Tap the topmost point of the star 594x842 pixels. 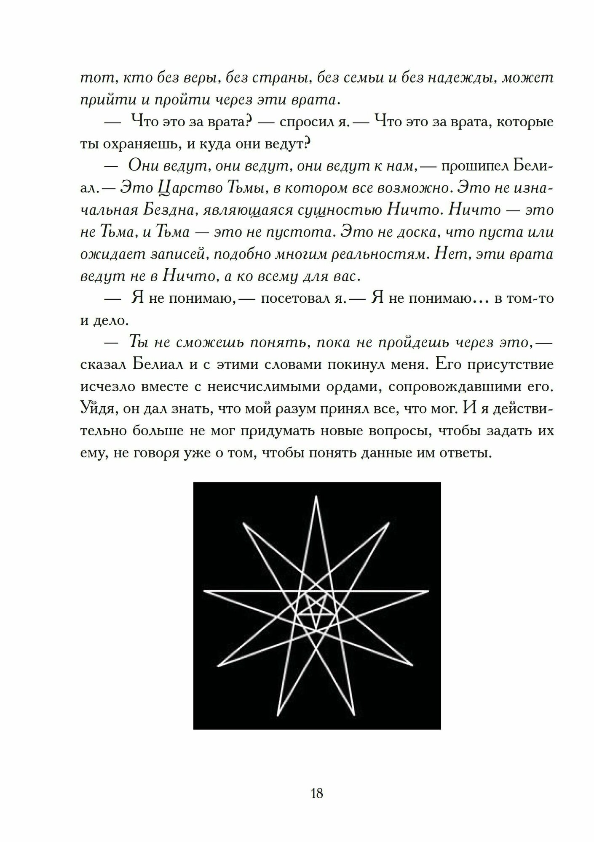tap(316, 497)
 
